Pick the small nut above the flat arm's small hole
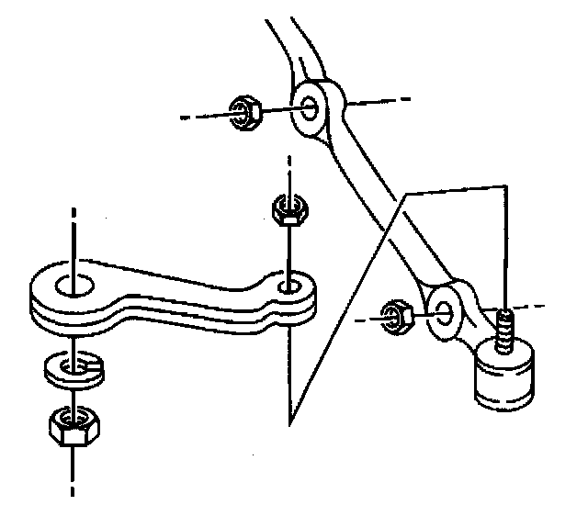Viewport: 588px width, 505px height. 288,211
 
